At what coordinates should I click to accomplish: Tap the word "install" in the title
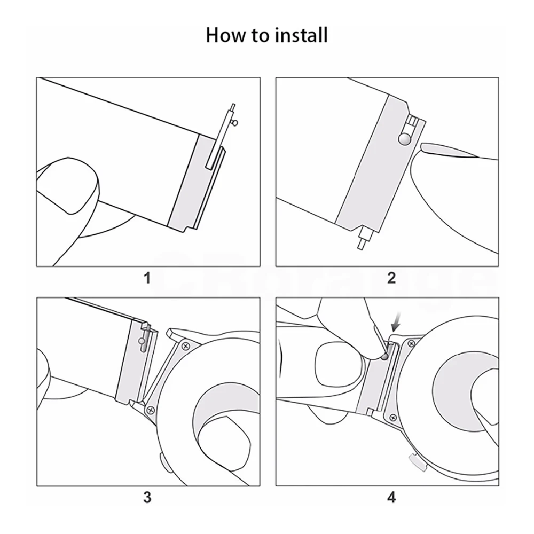[x=302, y=36]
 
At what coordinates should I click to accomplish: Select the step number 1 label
[x=147, y=278]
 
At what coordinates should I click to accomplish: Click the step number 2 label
[x=391, y=278]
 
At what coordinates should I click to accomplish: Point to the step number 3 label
[x=147, y=498]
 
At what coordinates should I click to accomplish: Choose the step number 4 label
[x=391, y=498]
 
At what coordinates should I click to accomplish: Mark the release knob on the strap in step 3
[x=142, y=341]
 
